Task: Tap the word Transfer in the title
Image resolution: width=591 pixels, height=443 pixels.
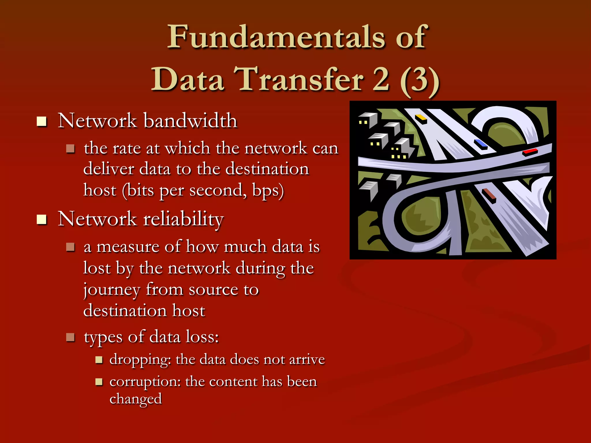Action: (298, 79)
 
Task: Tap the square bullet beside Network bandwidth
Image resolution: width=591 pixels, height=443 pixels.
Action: (42, 121)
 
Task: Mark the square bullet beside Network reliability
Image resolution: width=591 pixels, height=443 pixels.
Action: (42, 220)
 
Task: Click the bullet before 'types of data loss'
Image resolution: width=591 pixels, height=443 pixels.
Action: (70, 337)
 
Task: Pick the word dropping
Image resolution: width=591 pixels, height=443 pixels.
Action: (140, 360)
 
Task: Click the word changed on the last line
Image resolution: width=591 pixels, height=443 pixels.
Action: (135, 399)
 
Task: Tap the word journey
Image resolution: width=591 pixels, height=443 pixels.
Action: (111, 290)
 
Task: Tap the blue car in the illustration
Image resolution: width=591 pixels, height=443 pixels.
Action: (481, 144)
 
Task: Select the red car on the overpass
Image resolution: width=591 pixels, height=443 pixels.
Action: (530, 152)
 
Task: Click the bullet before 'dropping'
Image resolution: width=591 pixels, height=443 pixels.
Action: (99, 360)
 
